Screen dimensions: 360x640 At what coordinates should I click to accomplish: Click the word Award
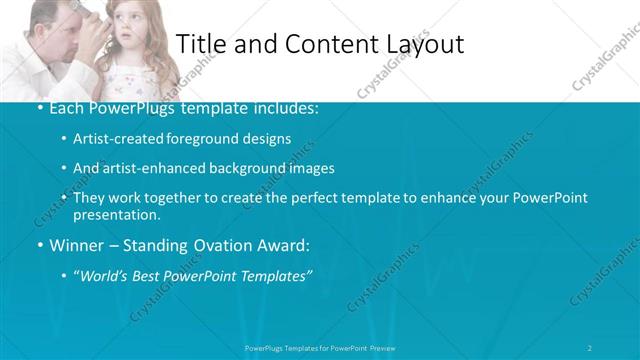282,244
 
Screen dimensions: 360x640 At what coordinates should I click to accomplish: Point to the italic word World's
105,274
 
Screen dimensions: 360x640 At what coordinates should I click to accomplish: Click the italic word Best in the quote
152,274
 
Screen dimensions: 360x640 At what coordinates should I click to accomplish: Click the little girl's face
126,30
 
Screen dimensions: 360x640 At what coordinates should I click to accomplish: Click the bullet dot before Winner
39,245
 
